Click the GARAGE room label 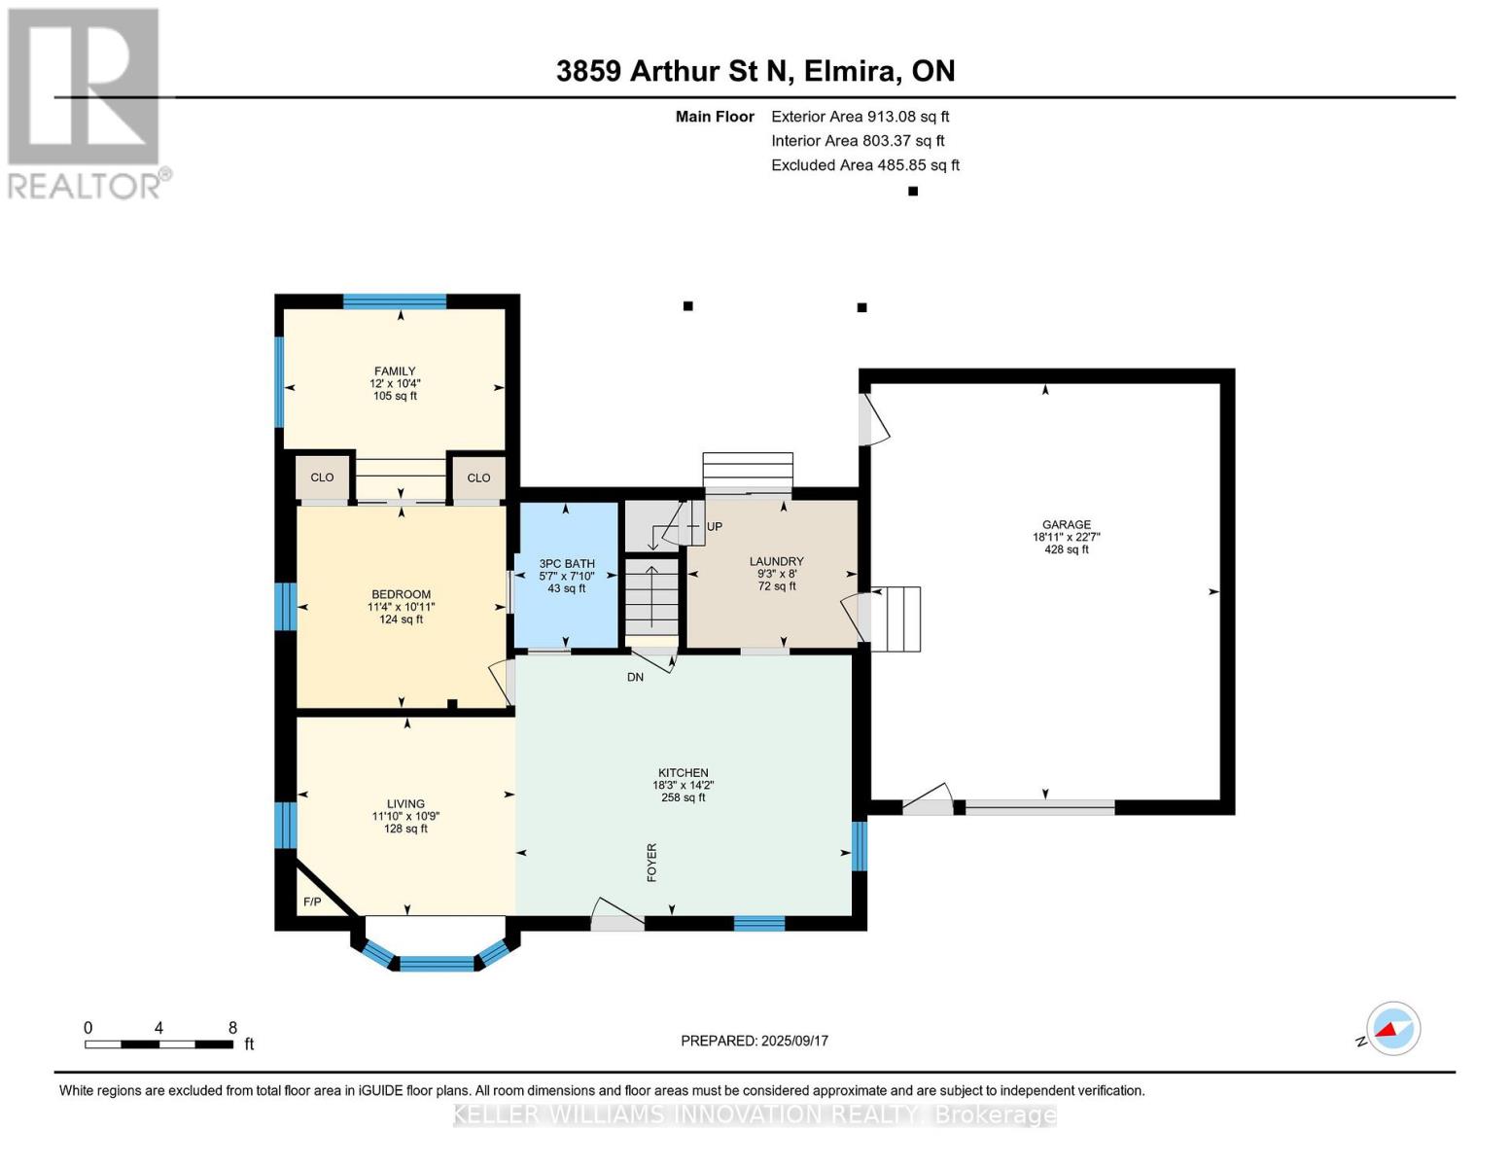pos(1066,525)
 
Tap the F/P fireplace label pos(312,902)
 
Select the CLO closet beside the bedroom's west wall pos(322,477)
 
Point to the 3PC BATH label pos(566,564)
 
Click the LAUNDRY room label pos(776,561)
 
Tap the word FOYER pos(651,863)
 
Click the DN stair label pos(635,677)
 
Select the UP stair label pos(715,527)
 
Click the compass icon pos(1393,1029)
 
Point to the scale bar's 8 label pos(232,1027)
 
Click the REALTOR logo pos(85,104)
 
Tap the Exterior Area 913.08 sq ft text pos(860,117)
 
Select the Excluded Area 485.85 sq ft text pos(865,165)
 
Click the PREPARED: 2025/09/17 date pos(755,1041)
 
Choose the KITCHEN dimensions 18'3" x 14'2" pos(684,786)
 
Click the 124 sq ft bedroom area pos(401,619)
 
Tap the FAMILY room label pos(395,371)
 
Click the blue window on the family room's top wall pos(395,301)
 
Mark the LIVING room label pos(405,803)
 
